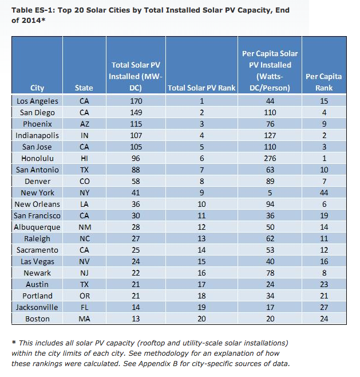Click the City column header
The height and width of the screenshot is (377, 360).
[x=37, y=88]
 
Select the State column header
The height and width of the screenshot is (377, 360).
[x=84, y=88]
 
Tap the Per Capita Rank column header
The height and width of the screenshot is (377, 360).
[x=324, y=83]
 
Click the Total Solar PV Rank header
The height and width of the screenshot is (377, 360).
[x=201, y=88]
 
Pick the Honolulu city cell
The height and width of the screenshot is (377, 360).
[x=37, y=159]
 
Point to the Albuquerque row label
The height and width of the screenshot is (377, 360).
[x=37, y=227]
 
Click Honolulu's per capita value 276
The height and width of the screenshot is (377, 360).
[x=270, y=159]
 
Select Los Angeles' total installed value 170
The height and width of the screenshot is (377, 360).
[x=136, y=101]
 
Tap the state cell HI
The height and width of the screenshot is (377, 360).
[x=84, y=159]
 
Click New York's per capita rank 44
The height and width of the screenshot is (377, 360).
[x=324, y=193]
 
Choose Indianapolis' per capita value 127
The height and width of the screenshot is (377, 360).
[x=270, y=136]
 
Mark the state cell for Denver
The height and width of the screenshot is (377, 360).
[x=85, y=181]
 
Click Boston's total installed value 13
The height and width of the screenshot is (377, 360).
[x=136, y=319]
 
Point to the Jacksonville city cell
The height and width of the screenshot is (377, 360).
[x=37, y=308]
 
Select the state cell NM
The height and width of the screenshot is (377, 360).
[x=85, y=227]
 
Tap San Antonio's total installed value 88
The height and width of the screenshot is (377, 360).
[x=136, y=170]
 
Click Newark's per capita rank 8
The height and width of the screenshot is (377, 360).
[x=324, y=273]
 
